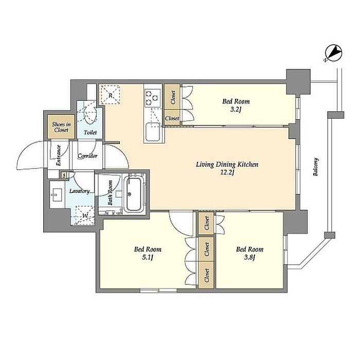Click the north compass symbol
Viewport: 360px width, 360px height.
[334, 53]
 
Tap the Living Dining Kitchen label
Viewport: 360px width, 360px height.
[227, 165]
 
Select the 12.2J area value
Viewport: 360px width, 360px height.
[227, 172]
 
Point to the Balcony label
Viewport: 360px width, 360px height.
[316, 167]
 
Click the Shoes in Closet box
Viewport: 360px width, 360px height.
[61, 127]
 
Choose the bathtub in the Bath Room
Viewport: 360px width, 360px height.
[134, 194]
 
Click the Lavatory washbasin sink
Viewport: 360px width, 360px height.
[56, 195]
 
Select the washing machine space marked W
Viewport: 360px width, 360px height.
[85, 215]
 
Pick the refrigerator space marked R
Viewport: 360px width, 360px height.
[111, 95]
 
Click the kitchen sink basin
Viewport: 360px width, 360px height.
[153, 132]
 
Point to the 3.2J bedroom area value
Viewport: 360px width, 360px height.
[236, 110]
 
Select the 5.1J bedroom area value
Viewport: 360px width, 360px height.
[148, 257]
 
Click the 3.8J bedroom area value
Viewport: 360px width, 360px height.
[249, 257]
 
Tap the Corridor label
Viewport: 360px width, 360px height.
[87, 156]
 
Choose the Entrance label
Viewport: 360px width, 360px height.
[58, 155]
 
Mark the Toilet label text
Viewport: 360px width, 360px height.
[90, 133]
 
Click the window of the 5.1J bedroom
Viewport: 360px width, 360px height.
[158, 291]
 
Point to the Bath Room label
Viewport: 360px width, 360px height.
[110, 193]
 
